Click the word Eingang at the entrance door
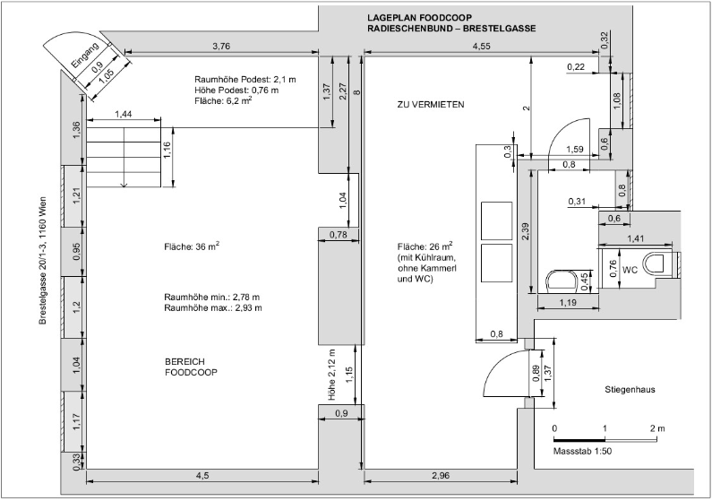pyautogui.click(x=85, y=55)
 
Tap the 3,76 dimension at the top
pyautogui.click(x=221, y=46)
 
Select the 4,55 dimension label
pyautogui.click(x=481, y=46)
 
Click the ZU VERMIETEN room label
pyautogui.click(x=431, y=105)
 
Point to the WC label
pyautogui.click(x=630, y=271)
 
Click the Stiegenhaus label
pyautogui.click(x=630, y=389)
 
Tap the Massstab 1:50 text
pyautogui.click(x=582, y=452)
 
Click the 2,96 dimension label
pyautogui.click(x=441, y=476)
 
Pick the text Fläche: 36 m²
pyautogui.click(x=192, y=246)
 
